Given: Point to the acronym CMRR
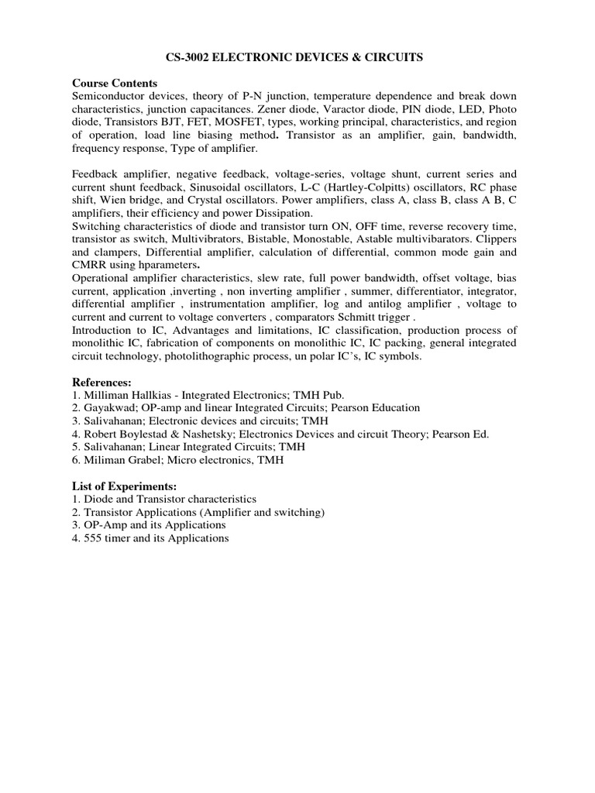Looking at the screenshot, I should click(89, 266).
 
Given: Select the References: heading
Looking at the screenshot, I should click(102, 383).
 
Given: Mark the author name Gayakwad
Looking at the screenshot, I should click(110, 407).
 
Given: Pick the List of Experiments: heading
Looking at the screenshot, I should click(125, 486).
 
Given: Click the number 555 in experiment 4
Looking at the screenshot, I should click(91, 538).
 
